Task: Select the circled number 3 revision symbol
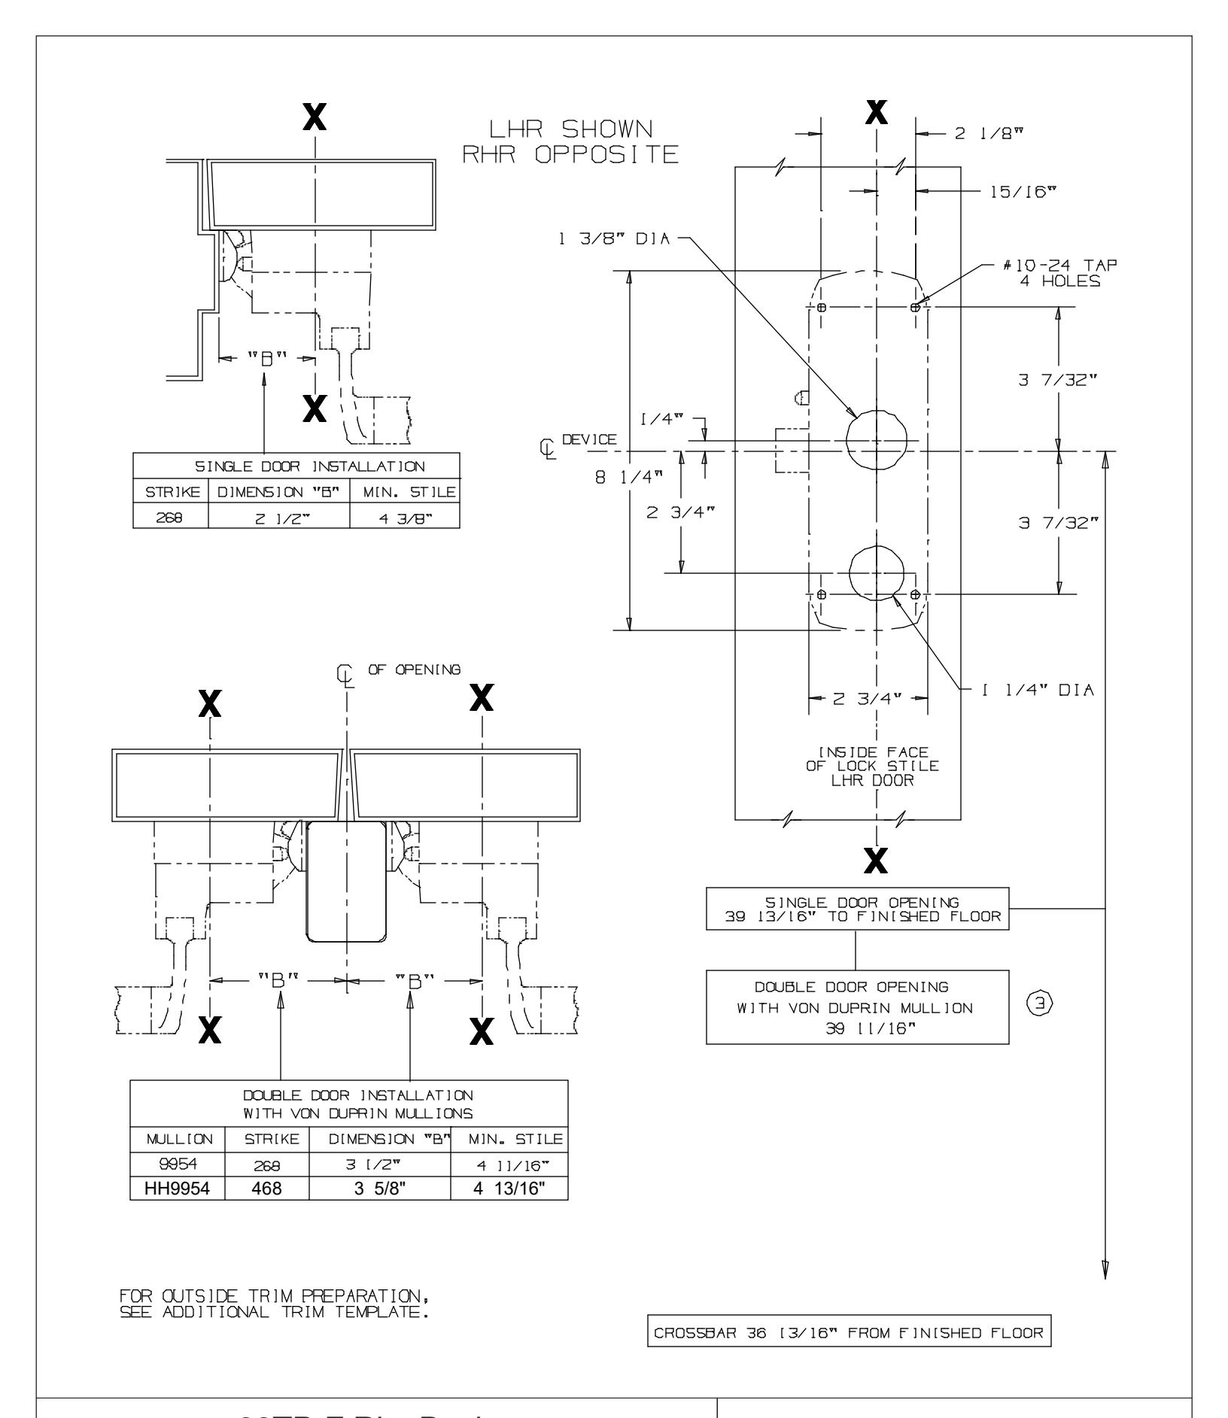pos(1041,1002)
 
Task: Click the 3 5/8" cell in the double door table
pos(379,1210)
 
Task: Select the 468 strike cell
pos(266,1210)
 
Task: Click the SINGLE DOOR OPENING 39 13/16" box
pos(857,909)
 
